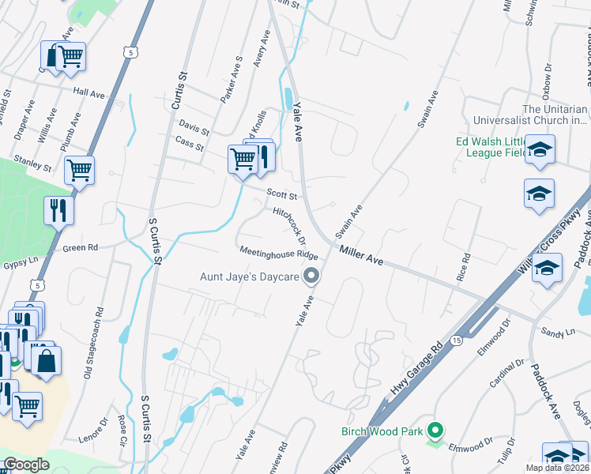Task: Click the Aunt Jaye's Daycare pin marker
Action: (x=312, y=276)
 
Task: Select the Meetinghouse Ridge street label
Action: (x=279, y=253)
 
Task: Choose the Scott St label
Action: (x=281, y=194)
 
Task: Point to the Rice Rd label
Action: (x=465, y=269)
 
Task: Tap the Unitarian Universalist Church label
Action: (x=555, y=115)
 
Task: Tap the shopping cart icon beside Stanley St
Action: (x=80, y=168)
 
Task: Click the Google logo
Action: (x=27, y=465)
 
